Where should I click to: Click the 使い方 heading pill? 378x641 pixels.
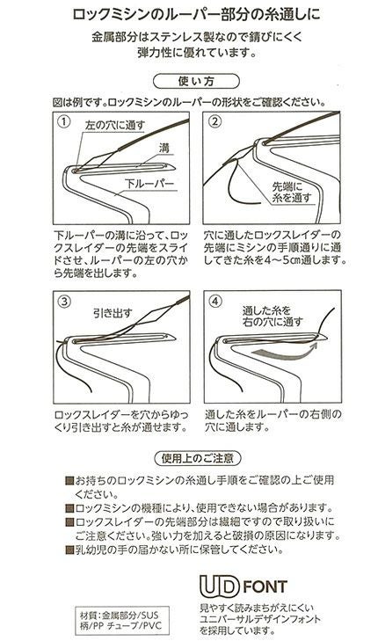(196, 81)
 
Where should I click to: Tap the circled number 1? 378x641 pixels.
(64, 122)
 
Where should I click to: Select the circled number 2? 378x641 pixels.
(215, 122)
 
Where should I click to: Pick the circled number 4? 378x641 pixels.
(215, 302)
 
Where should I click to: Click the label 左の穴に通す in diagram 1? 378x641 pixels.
(115, 126)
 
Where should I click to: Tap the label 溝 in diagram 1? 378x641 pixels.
(164, 148)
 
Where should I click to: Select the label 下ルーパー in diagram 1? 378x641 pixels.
(149, 184)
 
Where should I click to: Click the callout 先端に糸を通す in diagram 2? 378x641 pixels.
(292, 193)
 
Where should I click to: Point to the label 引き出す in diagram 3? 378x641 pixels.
(113, 313)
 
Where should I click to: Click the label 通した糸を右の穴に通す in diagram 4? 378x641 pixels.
(273, 316)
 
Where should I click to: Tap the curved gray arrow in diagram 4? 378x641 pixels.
(285, 352)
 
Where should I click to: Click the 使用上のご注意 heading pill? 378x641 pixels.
(198, 458)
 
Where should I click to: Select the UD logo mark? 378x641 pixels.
(219, 586)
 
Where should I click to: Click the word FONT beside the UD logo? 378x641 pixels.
(265, 586)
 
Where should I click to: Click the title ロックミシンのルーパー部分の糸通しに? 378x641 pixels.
(196, 14)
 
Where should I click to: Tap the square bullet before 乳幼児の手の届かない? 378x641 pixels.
(69, 550)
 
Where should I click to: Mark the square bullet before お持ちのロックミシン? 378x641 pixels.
(69, 480)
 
